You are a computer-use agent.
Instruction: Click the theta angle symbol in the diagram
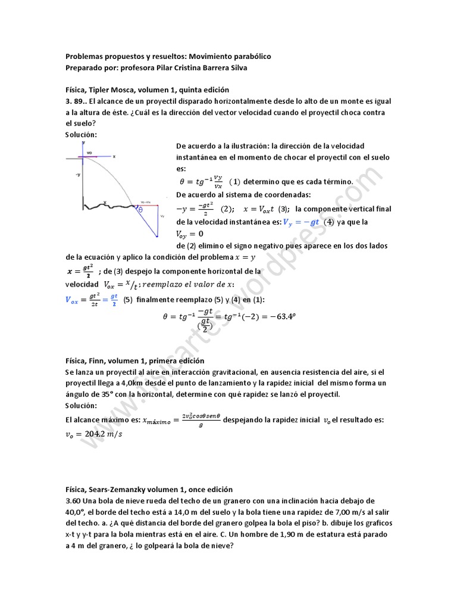pos(140,210)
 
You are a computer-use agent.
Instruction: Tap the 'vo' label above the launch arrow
pos(90,153)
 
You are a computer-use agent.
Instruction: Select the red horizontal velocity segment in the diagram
pos(149,205)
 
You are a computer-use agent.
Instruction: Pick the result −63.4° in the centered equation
pos(279,316)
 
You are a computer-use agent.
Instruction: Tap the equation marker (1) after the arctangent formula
pos(235,182)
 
